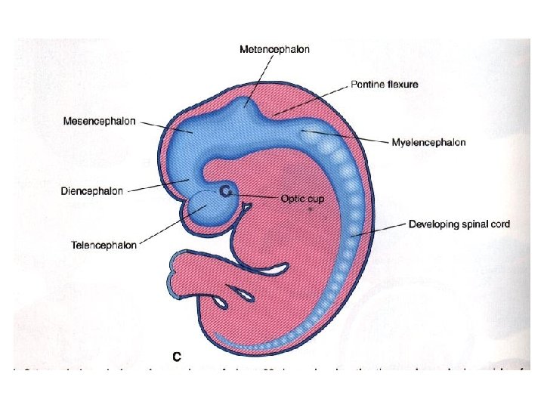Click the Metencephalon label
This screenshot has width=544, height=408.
coord(274,49)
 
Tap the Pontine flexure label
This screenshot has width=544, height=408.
coord(384,85)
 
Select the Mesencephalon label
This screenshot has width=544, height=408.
coord(99,121)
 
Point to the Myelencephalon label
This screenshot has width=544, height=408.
coord(428,142)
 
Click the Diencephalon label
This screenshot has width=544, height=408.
coord(91,191)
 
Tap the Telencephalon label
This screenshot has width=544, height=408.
coord(104,245)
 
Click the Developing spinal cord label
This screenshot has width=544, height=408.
coord(459,224)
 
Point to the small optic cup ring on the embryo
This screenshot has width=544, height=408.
coord(225,193)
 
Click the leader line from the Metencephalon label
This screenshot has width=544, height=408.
coord(258,78)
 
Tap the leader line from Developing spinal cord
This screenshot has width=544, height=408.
coord(378,230)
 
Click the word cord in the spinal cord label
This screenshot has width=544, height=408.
coord(499,224)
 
